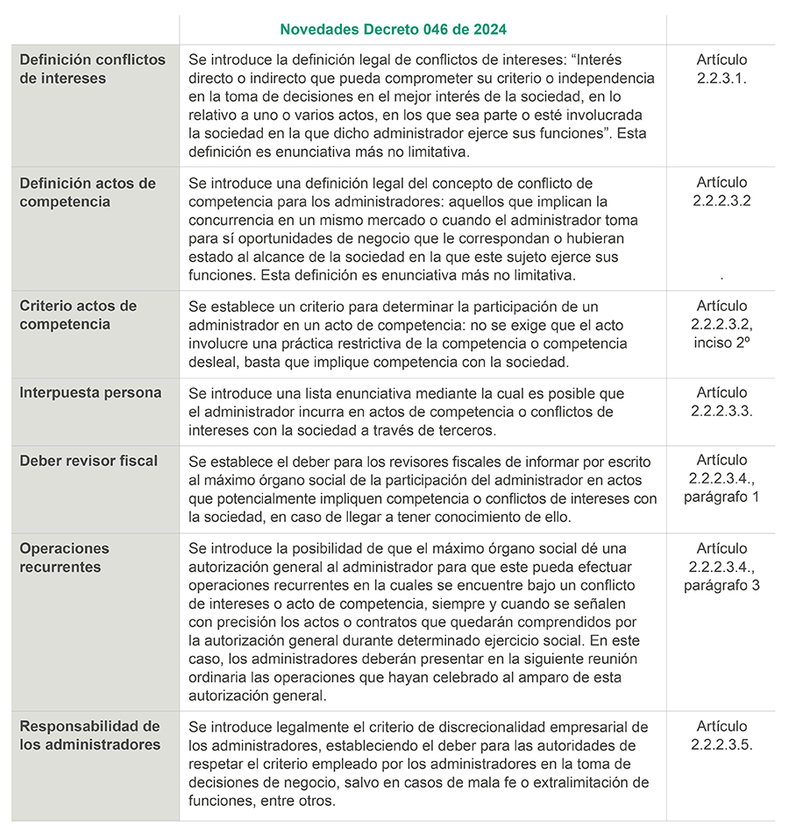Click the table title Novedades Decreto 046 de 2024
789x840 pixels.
coord(393,29)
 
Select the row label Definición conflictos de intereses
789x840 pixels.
coord(92,69)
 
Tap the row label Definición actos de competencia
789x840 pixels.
coord(88,193)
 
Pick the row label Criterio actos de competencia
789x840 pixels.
coord(78,315)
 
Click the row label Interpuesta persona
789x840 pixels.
coord(90,392)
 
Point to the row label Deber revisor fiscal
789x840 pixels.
coord(89,461)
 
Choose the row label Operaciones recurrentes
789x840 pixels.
coord(65,558)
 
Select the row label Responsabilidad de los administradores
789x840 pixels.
coord(90,736)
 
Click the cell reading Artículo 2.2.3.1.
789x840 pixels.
coord(721,69)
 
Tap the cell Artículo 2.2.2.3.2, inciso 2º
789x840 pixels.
coord(721,324)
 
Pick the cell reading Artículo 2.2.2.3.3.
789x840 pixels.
coord(721,401)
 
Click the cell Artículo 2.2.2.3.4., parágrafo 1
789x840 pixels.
coord(721,478)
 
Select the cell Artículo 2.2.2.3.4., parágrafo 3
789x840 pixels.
coord(721,567)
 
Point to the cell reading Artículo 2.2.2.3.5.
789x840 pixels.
coord(721,736)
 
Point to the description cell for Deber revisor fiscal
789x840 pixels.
coord(423,489)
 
